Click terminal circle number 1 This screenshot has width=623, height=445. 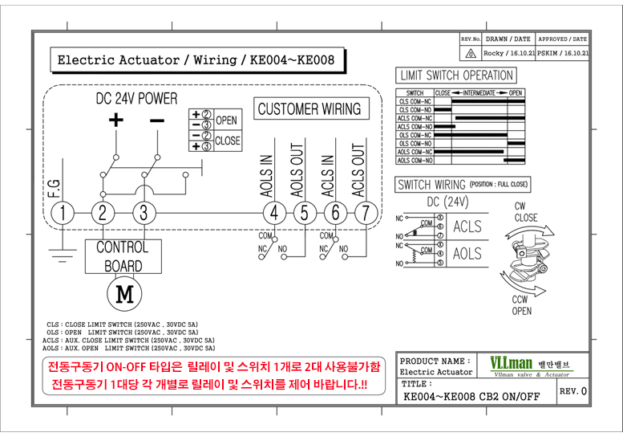coord(63,213)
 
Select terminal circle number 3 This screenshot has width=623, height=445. coord(144,213)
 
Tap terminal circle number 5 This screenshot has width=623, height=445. coord(305,213)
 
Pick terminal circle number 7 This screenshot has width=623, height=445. coord(366,213)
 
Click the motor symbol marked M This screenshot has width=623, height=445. coord(123,294)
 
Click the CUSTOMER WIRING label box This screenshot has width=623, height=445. coord(309,108)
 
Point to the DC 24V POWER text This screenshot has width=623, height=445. coord(136,99)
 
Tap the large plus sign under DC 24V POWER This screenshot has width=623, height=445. coord(116,120)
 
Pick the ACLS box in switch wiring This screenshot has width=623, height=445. coord(467,227)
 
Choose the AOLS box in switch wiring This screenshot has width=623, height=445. coord(467,254)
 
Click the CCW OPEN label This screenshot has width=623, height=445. coord(521,305)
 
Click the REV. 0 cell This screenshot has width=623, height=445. coord(572,391)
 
